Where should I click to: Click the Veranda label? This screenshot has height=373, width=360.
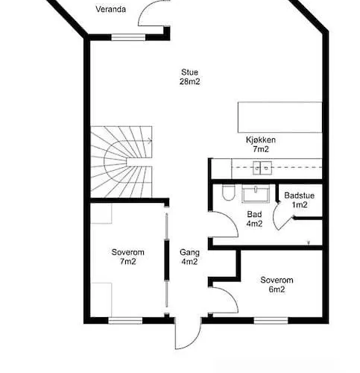pyautogui.click(x=110, y=10)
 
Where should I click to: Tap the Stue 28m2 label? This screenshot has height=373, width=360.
pyautogui.click(x=189, y=77)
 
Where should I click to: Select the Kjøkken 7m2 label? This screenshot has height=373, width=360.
pyautogui.click(x=261, y=145)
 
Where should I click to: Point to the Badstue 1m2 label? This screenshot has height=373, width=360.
pyautogui.click(x=300, y=200)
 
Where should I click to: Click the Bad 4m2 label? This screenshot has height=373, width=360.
pyautogui.click(x=254, y=219)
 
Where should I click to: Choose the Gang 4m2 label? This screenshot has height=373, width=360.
pyautogui.click(x=189, y=257)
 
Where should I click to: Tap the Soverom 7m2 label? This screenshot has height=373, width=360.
pyautogui.click(x=128, y=257)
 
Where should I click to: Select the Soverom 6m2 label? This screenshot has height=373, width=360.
pyautogui.click(x=277, y=284)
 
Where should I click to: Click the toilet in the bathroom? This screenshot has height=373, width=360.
pyautogui.click(x=228, y=192)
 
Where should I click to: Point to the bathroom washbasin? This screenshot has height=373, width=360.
pyautogui.click(x=256, y=193)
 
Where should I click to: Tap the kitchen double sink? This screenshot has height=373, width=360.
pyautogui.click(x=262, y=168)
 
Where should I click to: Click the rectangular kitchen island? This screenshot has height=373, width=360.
pyautogui.click(x=280, y=117)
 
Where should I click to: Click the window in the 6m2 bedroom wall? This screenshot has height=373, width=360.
pyautogui.click(x=271, y=320)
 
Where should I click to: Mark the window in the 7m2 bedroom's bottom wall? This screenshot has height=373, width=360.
pyautogui.click(x=125, y=320)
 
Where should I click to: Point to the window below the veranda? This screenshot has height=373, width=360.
pyautogui.click(x=128, y=37)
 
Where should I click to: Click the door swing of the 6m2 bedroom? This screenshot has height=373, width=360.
pyautogui.click(x=233, y=297)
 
